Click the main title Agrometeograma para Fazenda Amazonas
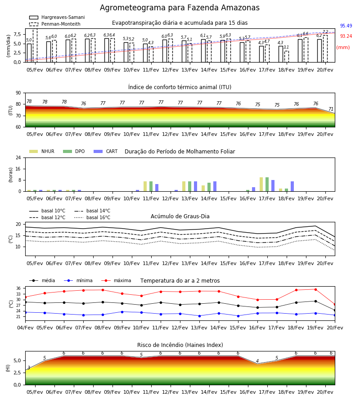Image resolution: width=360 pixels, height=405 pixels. pyautogui.click(x=180, y=8)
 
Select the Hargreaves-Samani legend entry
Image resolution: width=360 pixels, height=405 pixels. pyautogui.click(x=57, y=17)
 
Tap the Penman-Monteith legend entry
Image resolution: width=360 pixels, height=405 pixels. pyautogui.click(x=55, y=24)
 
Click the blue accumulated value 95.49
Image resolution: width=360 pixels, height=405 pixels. pyautogui.click(x=346, y=26)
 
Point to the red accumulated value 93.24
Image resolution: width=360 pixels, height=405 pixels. pyautogui.click(x=346, y=36)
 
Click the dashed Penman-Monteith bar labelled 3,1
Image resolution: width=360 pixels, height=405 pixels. pyautogui.click(x=286, y=57)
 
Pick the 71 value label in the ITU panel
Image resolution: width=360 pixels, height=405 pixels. pyautogui.click(x=331, y=109)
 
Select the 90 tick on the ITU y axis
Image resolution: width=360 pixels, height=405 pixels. pyautogui.click(x=18, y=93)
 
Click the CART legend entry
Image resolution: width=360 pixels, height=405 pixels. pyautogui.click(x=106, y=151)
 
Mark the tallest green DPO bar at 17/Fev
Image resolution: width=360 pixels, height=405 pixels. pyautogui.click(x=267, y=184)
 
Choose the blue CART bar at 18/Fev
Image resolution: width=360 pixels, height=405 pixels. pyautogui.click(x=292, y=186)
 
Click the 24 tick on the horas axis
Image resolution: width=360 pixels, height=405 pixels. pyautogui.click(x=18, y=157)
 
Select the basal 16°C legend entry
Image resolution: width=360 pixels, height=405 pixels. pyautogui.click(x=92, y=217)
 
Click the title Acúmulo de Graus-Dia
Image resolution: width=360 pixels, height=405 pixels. pyautogui.click(x=180, y=216)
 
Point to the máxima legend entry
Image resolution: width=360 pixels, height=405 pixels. pyautogui.click(x=116, y=280)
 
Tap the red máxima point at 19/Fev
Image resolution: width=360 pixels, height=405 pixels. pyautogui.click(x=315, y=289)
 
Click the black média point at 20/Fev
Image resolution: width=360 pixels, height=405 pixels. pyautogui.click(x=335, y=310)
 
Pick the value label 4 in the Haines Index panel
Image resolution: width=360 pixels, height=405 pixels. pyautogui.click(x=257, y=361)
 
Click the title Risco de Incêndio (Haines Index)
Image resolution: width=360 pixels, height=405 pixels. pyautogui.click(x=180, y=345)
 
